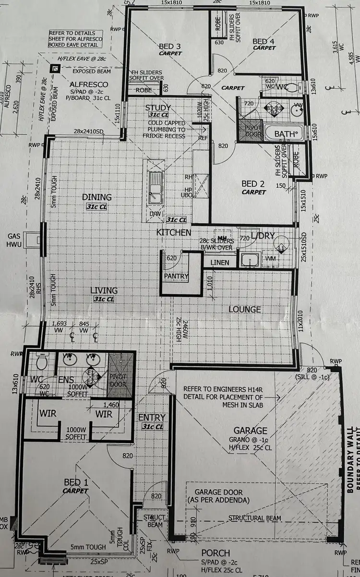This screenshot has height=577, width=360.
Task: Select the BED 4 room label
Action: pyautogui.click(x=264, y=42)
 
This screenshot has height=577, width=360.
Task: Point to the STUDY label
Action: pyautogui.click(x=158, y=108)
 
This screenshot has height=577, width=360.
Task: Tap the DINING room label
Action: pyautogui.click(x=96, y=197)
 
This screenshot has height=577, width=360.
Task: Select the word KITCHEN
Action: pyautogui.click(x=174, y=232)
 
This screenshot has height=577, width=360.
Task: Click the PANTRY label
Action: pyautogui.click(x=176, y=276)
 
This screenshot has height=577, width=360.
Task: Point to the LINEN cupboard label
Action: pyautogui.click(x=219, y=263)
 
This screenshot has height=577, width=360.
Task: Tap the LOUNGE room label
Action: pyautogui.click(x=244, y=309)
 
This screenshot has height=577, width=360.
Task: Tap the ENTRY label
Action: pyautogui.click(x=152, y=418)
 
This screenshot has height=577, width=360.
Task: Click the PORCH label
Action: pyautogui.click(x=216, y=553)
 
